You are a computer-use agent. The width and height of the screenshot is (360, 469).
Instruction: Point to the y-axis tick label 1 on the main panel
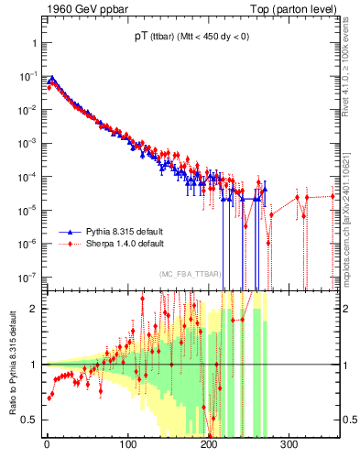pyautogui.click(x=33, y=43)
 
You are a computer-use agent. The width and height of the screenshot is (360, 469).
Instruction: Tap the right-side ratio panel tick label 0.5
pyautogui.click(x=349, y=420)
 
